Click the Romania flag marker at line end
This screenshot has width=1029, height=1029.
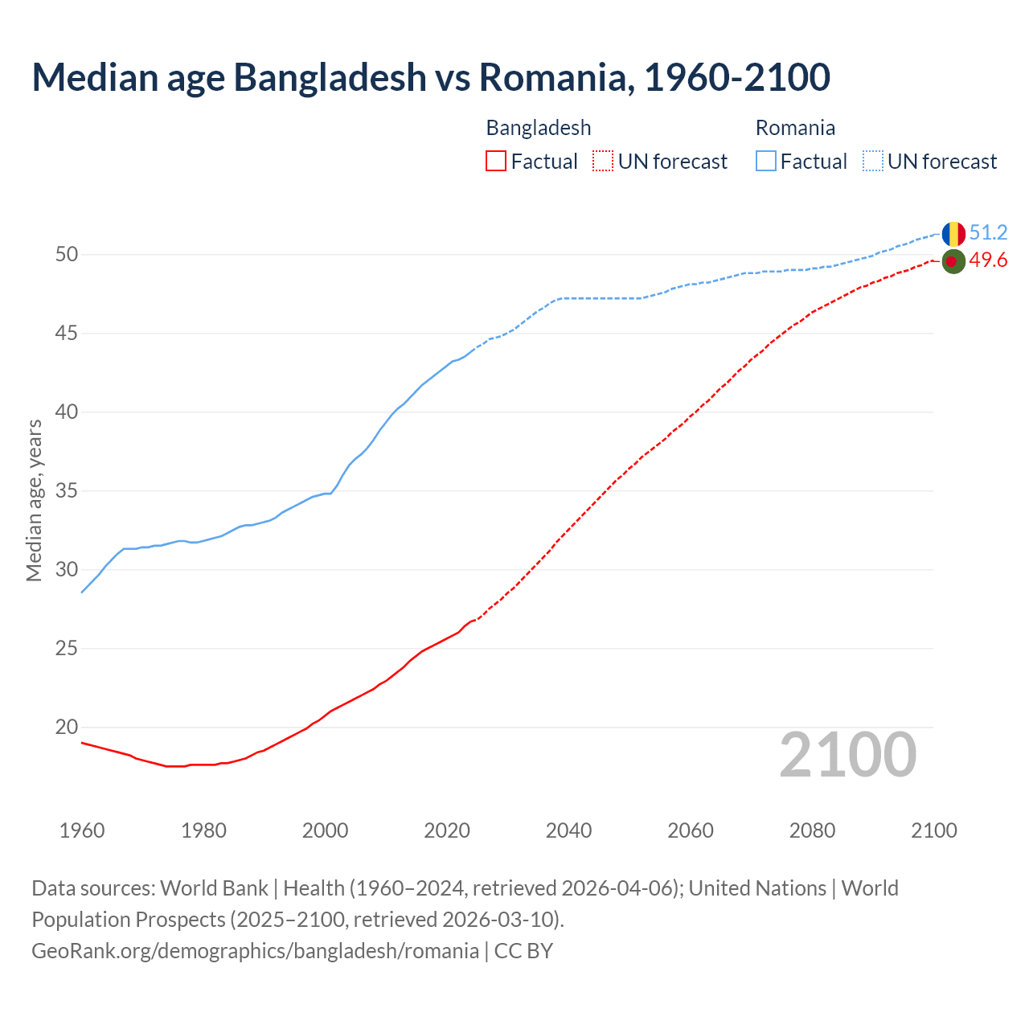(x=953, y=234)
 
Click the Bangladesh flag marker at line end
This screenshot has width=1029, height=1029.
(x=953, y=261)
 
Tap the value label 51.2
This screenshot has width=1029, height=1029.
(x=988, y=233)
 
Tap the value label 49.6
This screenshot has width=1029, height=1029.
(x=988, y=260)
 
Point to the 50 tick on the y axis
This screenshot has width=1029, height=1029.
(x=67, y=255)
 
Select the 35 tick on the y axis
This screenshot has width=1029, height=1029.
(x=67, y=491)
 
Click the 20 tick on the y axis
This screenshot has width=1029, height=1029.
(x=67, y=728)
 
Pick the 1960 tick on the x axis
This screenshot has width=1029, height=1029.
(x=82, y=830)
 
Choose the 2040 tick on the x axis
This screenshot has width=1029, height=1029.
(x=568, y=830)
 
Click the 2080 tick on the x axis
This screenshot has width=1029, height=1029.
(x=812, y=830)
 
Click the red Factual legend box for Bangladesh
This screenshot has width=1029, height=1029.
(x=496, y=162)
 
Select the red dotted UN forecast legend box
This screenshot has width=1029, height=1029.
(x=603, y=162)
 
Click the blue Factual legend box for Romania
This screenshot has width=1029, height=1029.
(x=766, y=162)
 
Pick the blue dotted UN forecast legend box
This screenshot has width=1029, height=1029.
(x=873, y=162)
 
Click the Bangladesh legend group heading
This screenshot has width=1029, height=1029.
(x=539, y=128)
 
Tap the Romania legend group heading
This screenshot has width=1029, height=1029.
(x=795, y=128)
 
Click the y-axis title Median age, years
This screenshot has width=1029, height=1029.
(x=34, y=500)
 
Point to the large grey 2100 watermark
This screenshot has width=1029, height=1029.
(x=848, y=755)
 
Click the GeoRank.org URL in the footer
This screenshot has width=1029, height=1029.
(x=255, y=951)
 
